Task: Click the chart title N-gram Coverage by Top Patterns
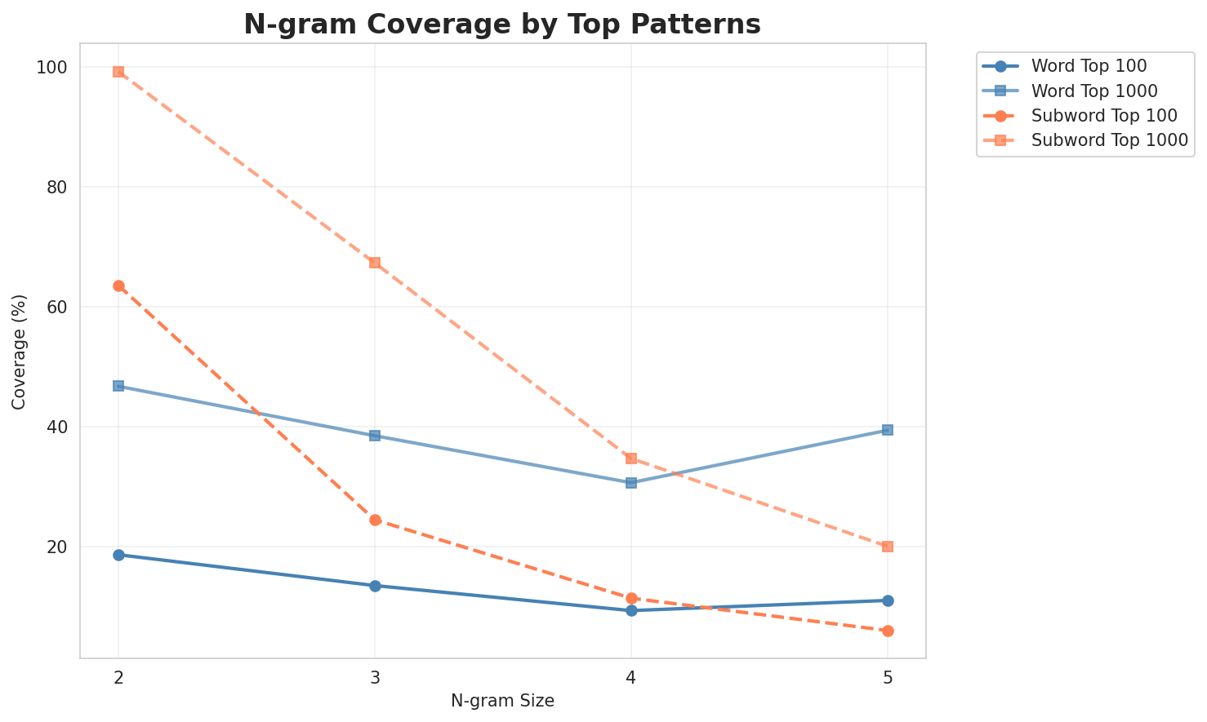click(x=502, y=24)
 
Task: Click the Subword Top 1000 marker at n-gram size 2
click(x=118, y=72)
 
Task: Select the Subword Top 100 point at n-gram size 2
click(x=118, y=286)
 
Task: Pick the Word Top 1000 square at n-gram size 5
click(x=888, y=430)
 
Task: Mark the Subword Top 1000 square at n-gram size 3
click(x=375, y=263)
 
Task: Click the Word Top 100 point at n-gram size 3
click(x=375, y=586)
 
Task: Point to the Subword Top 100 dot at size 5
click(x=888, y=631)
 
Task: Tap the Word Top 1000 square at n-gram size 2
click(x=118, y=386)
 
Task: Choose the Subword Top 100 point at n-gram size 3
click(x=375, y=520)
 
